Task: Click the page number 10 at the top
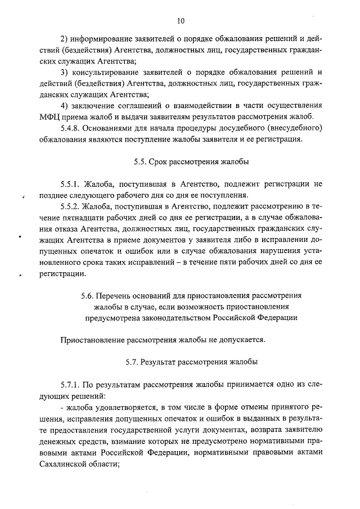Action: tap(181, 21)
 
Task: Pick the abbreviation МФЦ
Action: tap(50, 117)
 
